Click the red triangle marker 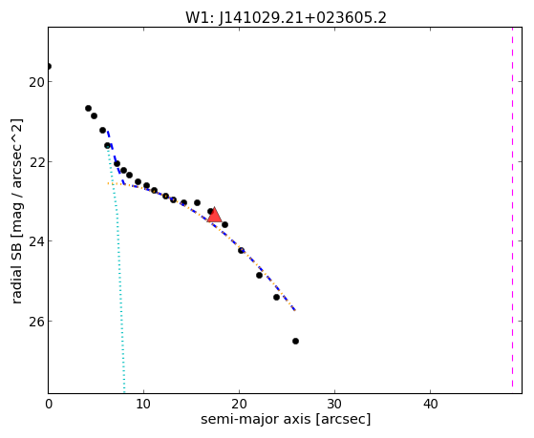(215, 215)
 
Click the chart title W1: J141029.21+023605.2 (286, 17)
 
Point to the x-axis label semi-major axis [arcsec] (286, 419)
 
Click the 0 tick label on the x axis (49, 405)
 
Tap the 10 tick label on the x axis (143, 405)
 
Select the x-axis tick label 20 (239, 405)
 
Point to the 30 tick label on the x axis (334, 405)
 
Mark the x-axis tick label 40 (430, 405)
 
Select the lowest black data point (295, 341)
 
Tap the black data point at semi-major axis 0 (49, 66)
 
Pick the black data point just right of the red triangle (224, 224)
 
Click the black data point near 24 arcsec (276, 297)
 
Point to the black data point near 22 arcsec (259, 275)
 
